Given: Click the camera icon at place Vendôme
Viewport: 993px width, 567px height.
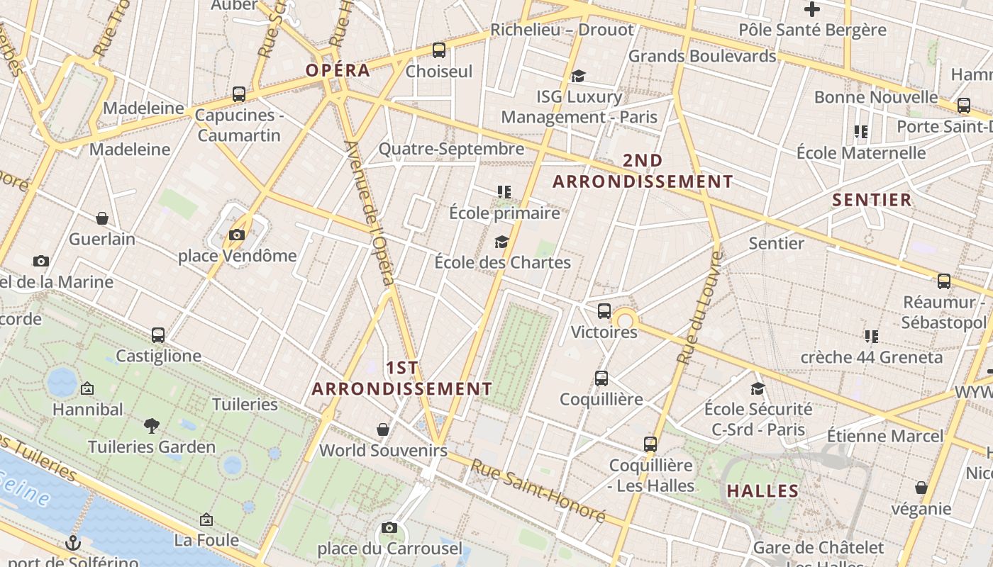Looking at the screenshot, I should click(237, 235).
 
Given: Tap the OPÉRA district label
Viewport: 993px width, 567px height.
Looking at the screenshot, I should click(338, 70).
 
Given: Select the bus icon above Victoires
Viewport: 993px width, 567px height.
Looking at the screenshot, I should click(604, 310).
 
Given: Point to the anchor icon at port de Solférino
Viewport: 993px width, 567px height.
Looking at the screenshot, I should click(72, 544).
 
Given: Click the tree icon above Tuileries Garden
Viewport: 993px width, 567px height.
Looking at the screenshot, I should click(151, 425).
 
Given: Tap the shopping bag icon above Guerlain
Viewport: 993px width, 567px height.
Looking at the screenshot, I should click(102, 218).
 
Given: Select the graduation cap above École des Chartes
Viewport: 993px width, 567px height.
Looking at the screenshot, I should click(502, 242).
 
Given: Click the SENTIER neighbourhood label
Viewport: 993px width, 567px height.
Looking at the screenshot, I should click(872, 200).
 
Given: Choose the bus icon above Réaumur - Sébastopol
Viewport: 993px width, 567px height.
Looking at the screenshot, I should click(943, 281).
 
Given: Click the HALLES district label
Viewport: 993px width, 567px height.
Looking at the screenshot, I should click(762, 490).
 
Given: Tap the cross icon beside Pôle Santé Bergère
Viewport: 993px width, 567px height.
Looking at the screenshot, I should click(812, 9).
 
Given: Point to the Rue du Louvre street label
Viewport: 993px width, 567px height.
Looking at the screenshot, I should click(699, 308).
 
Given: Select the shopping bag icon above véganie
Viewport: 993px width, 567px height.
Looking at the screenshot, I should click(921, 488).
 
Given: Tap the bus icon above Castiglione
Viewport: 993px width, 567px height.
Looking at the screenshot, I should click(158, 335).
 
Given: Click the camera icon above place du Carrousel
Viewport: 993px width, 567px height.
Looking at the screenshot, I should click(389, 527).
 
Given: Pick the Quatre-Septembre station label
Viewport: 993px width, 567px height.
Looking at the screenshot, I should click(451, 149).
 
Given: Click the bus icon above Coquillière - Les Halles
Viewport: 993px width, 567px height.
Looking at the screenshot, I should click(650, 444).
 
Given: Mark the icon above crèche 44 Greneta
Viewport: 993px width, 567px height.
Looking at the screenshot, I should click(872, 336).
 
